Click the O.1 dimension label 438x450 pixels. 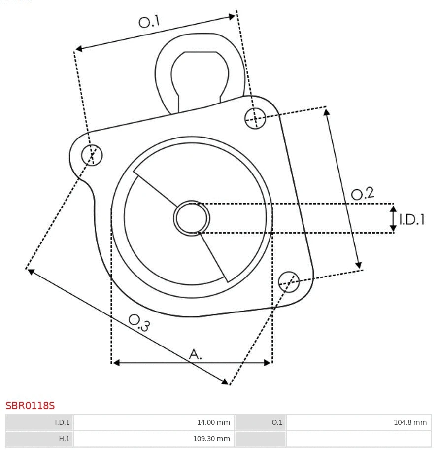coord(149,21)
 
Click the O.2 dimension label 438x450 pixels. coord(363,194)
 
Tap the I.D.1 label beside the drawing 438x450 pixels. coord(412,219)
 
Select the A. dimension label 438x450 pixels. coord(196,354)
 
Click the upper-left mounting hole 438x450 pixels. coord(92,155)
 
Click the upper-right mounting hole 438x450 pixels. coord(255,118)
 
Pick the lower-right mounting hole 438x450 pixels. coord(289,281)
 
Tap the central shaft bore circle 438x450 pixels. coord(192,217)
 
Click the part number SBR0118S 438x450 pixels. coord(30,406)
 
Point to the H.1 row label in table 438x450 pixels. coord(39,439)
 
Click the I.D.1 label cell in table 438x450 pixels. coord(39,422)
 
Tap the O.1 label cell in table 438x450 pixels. coord(261,422)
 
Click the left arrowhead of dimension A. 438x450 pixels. coord(116,363)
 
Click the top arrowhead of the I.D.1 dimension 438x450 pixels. coord(393,209)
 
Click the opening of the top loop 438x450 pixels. coord(200,74)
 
